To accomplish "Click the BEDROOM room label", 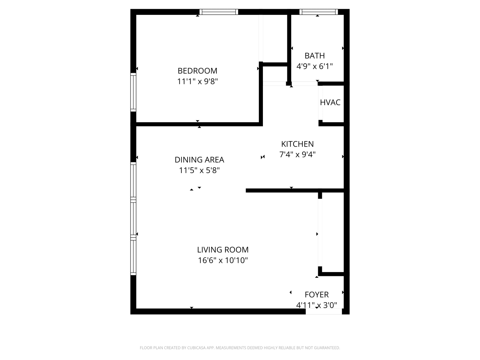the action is click(x=197, y=71).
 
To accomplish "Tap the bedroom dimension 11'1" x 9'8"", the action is click(x=197, y=81).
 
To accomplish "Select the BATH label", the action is click(x=315, y=56).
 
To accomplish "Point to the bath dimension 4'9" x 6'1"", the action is click(x=315, y=66).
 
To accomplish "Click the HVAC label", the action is click(x=330, y=102).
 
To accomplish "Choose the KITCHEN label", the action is click(x=297, y=144).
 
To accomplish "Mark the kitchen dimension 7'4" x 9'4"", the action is click(x=297, y=155).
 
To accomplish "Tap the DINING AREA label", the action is click(x=199, y=160).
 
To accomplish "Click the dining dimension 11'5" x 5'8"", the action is click(x=199, y=170).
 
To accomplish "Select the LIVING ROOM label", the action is click(x=223, y=249).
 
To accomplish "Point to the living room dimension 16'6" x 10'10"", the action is click(x=223, y=260).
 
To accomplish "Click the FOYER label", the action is click(x=316, y=295).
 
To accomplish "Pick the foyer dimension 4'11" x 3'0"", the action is click(x=316, y=305).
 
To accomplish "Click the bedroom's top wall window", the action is click(x=219, y=12).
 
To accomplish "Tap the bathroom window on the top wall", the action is click(x=319, y=12).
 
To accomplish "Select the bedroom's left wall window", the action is click(x=133, y=92).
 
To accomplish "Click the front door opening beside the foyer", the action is click(x=324, y=311).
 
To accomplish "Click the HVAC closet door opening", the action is click(x=320, y=103).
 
